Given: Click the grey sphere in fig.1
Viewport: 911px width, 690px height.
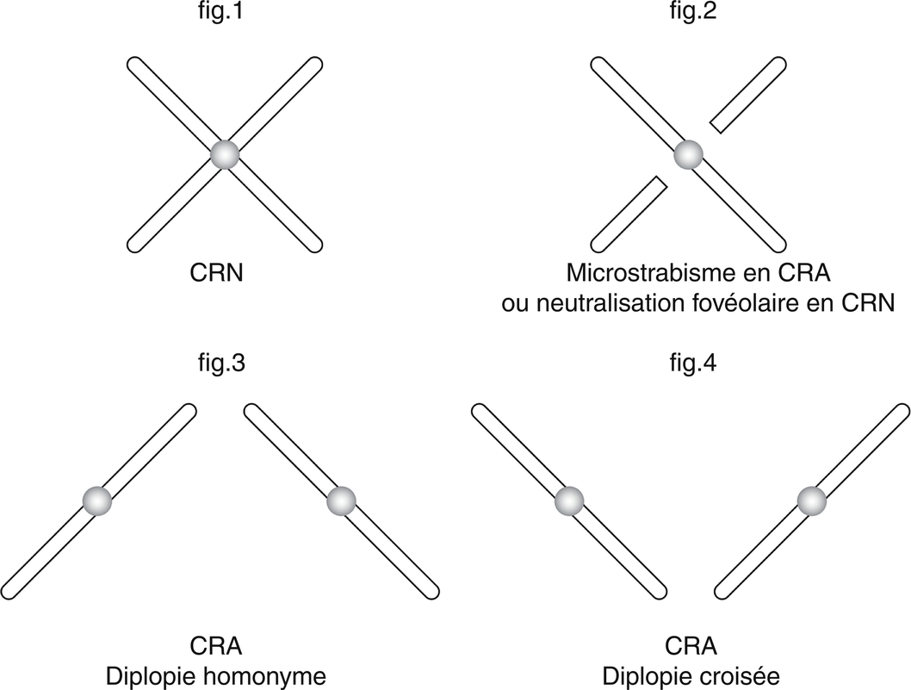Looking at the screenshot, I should [225, 155].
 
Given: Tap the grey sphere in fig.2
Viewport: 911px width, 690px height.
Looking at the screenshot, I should [689, 155].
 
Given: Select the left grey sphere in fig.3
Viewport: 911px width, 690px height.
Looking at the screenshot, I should [97, 500].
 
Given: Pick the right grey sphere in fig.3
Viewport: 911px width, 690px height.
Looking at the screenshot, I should [342, 500].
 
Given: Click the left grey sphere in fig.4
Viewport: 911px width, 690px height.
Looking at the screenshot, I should [569, 500].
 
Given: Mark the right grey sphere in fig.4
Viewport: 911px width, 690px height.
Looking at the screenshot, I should [811, 500].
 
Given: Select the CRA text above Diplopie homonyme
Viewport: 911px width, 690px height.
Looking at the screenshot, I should [215, 646].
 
